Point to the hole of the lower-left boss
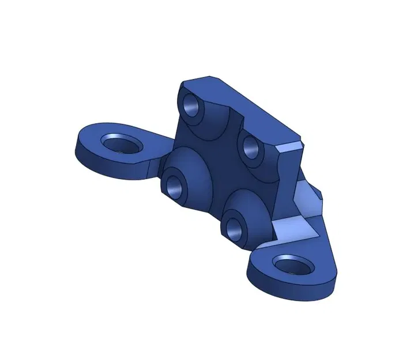(x=174, y=184)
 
